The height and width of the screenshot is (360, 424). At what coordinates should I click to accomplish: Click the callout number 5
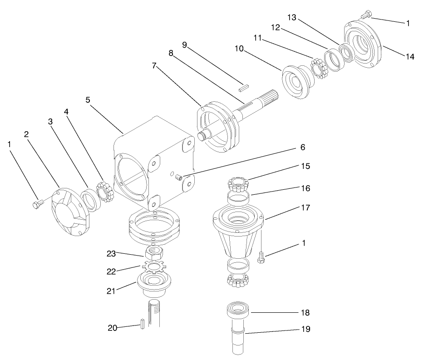click(x=88, y=99)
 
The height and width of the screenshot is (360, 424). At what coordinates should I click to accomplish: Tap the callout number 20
click(x=113, y=328)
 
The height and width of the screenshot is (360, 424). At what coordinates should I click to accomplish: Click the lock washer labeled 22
click(x=153, y=266)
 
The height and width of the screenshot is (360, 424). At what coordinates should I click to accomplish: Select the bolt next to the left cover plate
click(x=38, y=205)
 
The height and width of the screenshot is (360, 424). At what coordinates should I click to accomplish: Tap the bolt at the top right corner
click(x=365, y=16)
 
